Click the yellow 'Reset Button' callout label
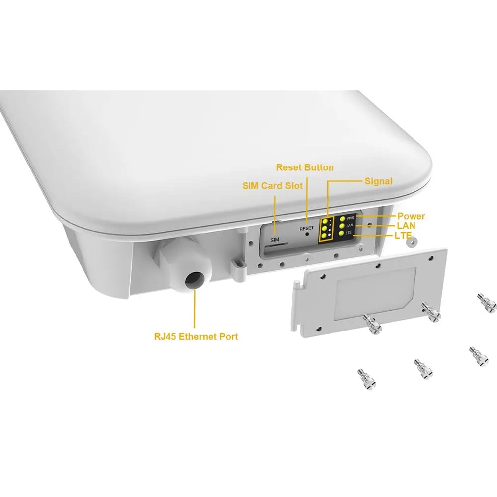[x=305, y=167]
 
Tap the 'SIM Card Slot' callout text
[x=272, y=186]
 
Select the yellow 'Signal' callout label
[x=378, y=181]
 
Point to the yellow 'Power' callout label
[x=411, y=216]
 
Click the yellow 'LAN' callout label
[x=406, y=226]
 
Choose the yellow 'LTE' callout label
[x=403, y=235]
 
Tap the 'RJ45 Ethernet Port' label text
[x=196, y=336]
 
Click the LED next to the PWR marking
[x=342, y=218]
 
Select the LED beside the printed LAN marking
[x=342, y=226]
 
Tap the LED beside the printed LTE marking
[x=341, y=233]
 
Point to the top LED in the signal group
[x=325, y=221]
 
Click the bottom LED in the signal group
[x=324, y=236]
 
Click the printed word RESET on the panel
[x=306, y=228]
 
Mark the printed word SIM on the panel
[x=275, y=240]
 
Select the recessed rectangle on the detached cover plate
[x=376, y=293]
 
